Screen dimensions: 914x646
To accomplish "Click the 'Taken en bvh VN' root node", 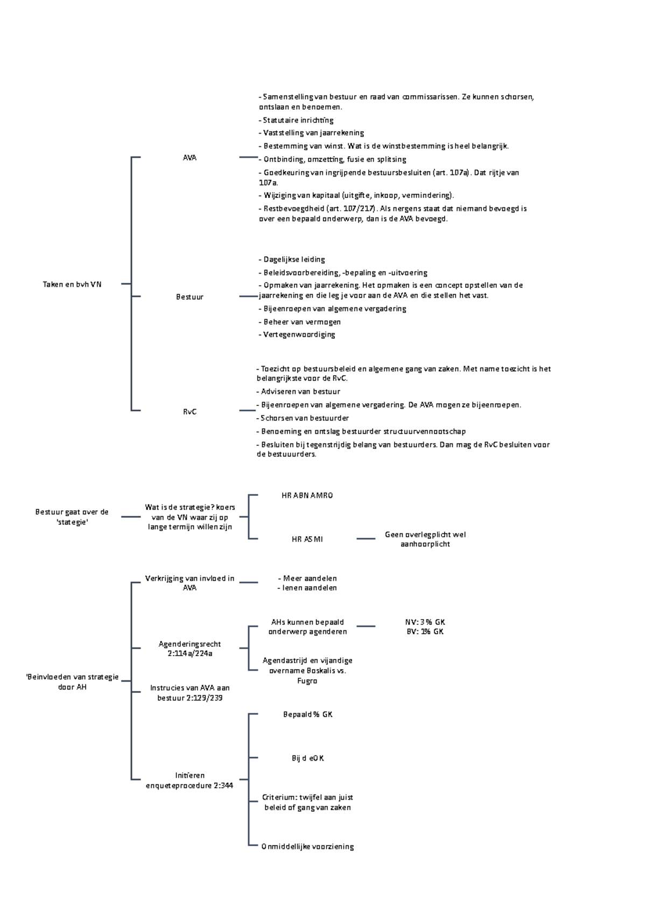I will click(72, 284).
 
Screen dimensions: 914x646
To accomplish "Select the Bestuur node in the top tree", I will click(189, 297).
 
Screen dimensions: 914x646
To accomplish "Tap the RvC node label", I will click(189, 411).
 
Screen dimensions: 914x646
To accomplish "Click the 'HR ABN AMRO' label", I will click(307, 495).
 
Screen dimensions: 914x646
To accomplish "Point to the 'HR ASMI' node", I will click(307, 539).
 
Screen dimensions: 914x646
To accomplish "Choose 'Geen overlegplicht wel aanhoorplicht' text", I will click(425, 539).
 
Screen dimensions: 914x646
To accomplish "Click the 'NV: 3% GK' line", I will click(425, 622).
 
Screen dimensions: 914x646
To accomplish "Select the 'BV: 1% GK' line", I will click(425, 631).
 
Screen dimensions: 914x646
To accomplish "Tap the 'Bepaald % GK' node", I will click(307, 714).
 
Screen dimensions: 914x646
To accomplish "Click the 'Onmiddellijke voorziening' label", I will click(307, 846).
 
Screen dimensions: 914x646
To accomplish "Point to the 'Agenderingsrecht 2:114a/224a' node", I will click(189, 649).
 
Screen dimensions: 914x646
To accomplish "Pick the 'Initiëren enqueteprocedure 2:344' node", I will click(189, 780).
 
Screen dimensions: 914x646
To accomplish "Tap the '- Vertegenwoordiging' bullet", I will click(297, 334).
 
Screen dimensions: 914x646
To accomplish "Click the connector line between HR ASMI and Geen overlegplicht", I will click(366, 538).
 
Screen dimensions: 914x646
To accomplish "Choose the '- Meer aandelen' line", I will click(307, 578).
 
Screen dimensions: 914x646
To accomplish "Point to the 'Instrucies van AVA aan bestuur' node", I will click(189, 693).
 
